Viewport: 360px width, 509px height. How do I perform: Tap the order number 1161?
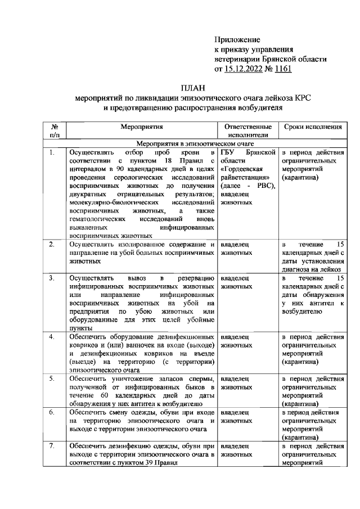pos(281,70)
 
